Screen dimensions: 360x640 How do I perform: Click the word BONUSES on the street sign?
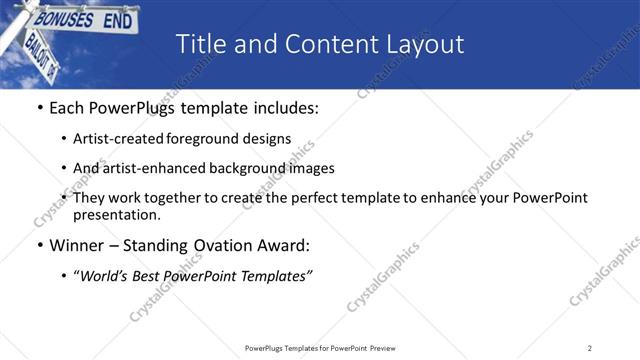64,19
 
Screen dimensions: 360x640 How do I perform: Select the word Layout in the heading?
424,44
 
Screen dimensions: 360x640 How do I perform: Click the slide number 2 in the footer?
590,348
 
